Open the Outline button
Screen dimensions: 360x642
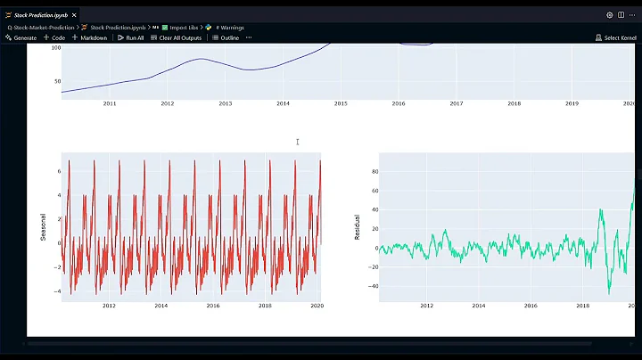point(226,37)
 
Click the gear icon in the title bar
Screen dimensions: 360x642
point(610,15)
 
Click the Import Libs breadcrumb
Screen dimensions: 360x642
point(184,28)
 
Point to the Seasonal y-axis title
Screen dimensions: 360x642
point(43,227)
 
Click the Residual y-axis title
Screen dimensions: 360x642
point(358,227)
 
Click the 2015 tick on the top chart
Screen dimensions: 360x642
point(341,104)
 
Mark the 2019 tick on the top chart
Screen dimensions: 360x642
point(572,104)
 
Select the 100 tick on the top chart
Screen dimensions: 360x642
point(55,47)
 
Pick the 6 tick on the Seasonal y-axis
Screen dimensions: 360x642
point(57,170)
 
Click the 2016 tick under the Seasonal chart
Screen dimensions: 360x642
point(213,306)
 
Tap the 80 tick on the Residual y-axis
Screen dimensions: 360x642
point(375,171)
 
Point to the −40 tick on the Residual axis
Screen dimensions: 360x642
point(374,286)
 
